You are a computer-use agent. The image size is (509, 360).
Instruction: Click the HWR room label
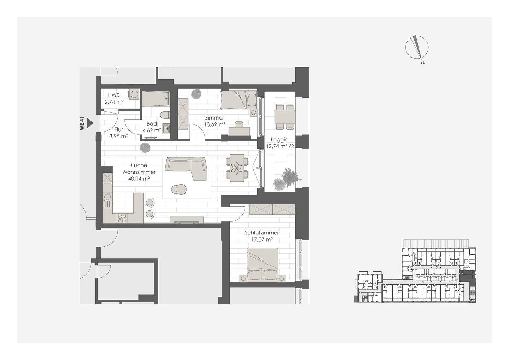[113, 95]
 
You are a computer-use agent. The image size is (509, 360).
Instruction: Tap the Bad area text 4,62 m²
[152, 130]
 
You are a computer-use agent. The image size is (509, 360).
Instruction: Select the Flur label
[119, 129]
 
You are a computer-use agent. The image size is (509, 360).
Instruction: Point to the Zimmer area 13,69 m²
[215, 124]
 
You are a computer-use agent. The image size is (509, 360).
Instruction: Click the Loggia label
[280, 140]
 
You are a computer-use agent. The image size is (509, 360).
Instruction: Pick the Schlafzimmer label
[262, 233]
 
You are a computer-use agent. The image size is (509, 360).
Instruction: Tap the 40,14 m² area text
[139, 179]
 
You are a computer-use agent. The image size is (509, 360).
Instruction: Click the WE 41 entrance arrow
[90, 123]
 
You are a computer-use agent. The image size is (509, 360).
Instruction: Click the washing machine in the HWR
[134, 94]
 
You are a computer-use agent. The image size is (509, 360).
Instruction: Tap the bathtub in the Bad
[156, 99]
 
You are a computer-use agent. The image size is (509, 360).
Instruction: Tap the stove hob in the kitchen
[122, 218]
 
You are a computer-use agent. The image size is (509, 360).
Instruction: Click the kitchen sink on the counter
[107, 200]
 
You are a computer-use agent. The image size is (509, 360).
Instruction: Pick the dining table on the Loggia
[285, 117]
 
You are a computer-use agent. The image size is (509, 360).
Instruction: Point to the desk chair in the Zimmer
[239, 124]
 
